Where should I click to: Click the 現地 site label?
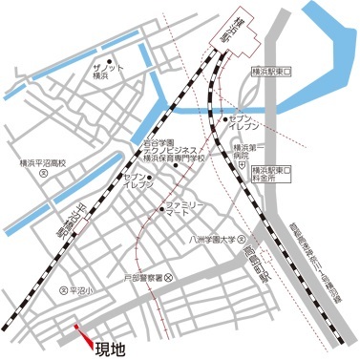112,349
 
